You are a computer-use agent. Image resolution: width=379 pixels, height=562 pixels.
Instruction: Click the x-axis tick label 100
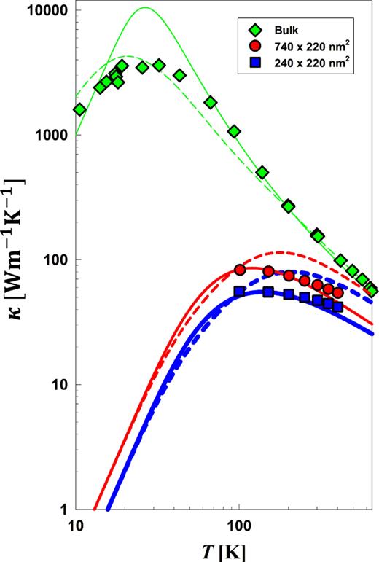click(x=239, y=526)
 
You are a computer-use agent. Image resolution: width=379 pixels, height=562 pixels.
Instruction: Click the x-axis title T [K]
click(x=224, y=551)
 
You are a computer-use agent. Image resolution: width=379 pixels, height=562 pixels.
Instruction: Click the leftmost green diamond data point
click(x=79, y=109)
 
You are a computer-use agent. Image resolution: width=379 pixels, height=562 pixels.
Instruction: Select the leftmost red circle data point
click(x=240, y=270)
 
